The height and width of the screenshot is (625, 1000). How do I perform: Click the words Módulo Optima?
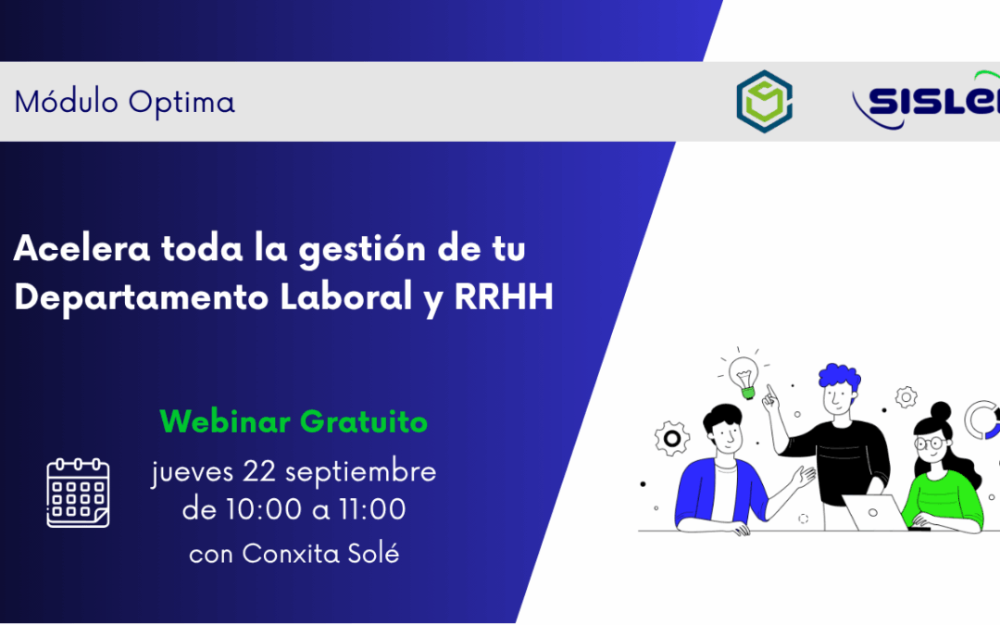click(x=124, y=102)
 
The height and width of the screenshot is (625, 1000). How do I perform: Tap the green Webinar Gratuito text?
click(x=294, y=422)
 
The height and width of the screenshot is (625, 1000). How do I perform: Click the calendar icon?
click(x=79, y=493)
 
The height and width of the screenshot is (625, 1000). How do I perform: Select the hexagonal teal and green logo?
click(x=764, y=101)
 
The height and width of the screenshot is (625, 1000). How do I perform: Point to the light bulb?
click(x=743, y=376)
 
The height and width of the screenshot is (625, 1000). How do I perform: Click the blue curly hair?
click(x=839, y=377)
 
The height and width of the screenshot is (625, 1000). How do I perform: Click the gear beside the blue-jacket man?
click(x=671, y=437)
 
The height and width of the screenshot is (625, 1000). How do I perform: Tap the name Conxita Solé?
click(x=321, y=554)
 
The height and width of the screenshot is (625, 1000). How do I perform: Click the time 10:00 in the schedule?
click(x=252, y=509)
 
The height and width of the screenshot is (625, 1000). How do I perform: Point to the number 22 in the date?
click(x=260, y=471)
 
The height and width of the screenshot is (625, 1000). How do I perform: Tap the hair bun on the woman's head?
click(x=940, y=410)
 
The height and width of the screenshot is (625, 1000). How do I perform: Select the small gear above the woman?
click(x=906, y=398)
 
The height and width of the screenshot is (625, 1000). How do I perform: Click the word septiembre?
click(x=360, y=472)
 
